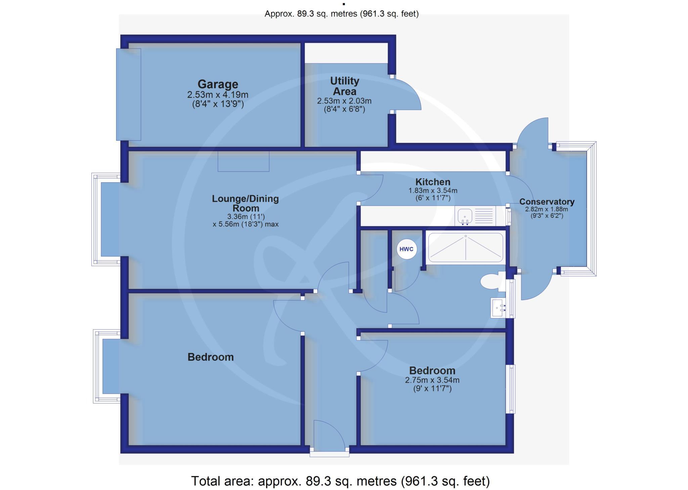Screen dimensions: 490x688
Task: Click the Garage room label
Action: [x=218, y=84]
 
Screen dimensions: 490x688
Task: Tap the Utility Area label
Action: [x=344, y=86]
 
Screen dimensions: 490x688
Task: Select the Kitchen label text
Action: [x=433, y=182]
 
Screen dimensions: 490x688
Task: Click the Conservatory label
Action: [x=547, y=202]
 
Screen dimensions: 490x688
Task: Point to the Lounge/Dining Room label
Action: [x=245, y=203]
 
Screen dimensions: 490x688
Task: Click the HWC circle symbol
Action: [x=407, y=250]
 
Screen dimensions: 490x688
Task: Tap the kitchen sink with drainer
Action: [x=475, y=216]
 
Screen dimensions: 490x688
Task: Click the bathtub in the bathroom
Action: [x=466, y=247]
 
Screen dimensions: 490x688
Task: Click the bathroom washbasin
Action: [x=499, y=307]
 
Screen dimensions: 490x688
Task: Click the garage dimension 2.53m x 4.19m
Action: [x=218, y=95]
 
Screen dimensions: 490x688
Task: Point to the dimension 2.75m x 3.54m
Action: [x=432, y=380]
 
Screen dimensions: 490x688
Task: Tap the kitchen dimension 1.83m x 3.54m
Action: [x=433, y=191]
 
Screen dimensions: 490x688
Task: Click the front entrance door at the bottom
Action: [x=329, y=437]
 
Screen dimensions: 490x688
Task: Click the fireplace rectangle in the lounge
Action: [x=243, y=161]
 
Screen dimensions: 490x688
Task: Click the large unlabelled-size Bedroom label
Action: [x=210, y=357]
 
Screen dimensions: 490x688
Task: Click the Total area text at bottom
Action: [x=340, y=481]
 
